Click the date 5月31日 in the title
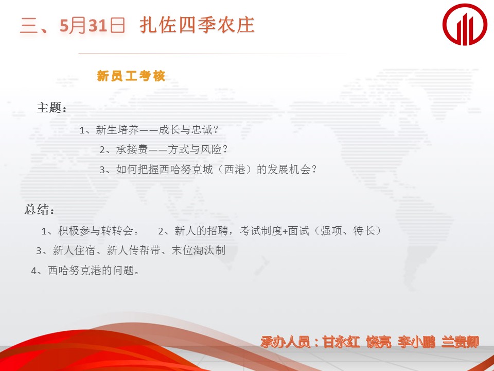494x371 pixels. tap(93, 25)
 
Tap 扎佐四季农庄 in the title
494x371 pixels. tap(197, 25)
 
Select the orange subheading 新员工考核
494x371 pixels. tap(131, 76)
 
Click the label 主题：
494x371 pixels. tap(51, 108)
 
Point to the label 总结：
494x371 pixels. tap(40, 210)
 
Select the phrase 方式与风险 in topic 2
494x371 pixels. tap(195, 149)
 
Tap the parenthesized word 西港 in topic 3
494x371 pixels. tap(235, 170)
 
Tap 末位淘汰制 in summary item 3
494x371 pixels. tap(199, 250)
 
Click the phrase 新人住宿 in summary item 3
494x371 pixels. tap(74, 250)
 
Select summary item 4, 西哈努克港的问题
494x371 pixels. tap(92, 271)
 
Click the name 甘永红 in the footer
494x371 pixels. tap(341, 342)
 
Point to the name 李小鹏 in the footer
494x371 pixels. tap(416, 342)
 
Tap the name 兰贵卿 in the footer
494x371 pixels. tap(460, 342)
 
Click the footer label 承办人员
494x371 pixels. tap(286, 342)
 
